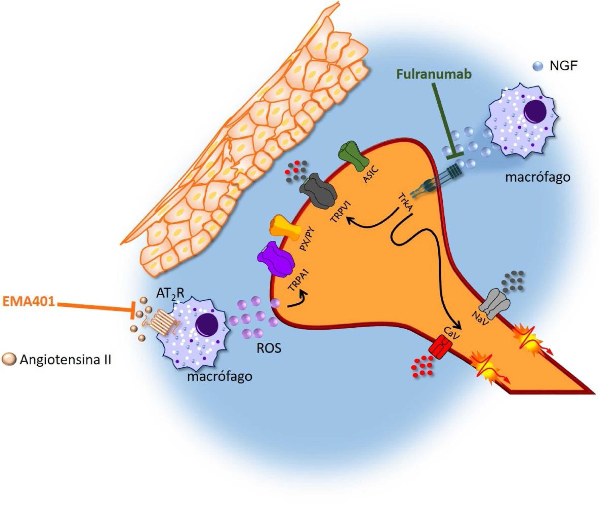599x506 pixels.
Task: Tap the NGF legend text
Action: click(563, 67)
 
